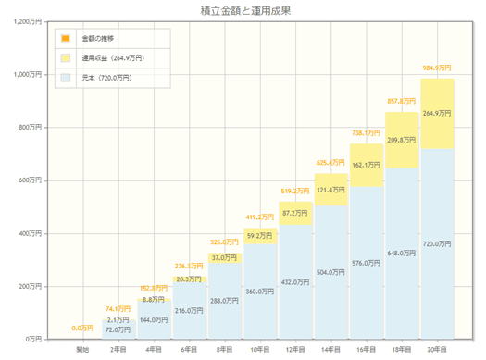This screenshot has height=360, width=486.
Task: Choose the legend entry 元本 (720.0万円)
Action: point(106,78)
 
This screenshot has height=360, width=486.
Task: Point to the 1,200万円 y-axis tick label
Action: point(24,21)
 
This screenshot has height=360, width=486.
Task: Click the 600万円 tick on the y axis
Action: point(27,180)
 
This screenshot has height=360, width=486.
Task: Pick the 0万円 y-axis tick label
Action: point(31,340)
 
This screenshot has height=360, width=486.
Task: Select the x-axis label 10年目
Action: point(259,350)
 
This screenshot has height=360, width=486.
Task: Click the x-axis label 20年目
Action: point(437,350)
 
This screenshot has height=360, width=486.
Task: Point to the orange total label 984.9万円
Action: point(437,68)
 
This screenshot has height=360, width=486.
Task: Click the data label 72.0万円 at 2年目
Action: point(118,329)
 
